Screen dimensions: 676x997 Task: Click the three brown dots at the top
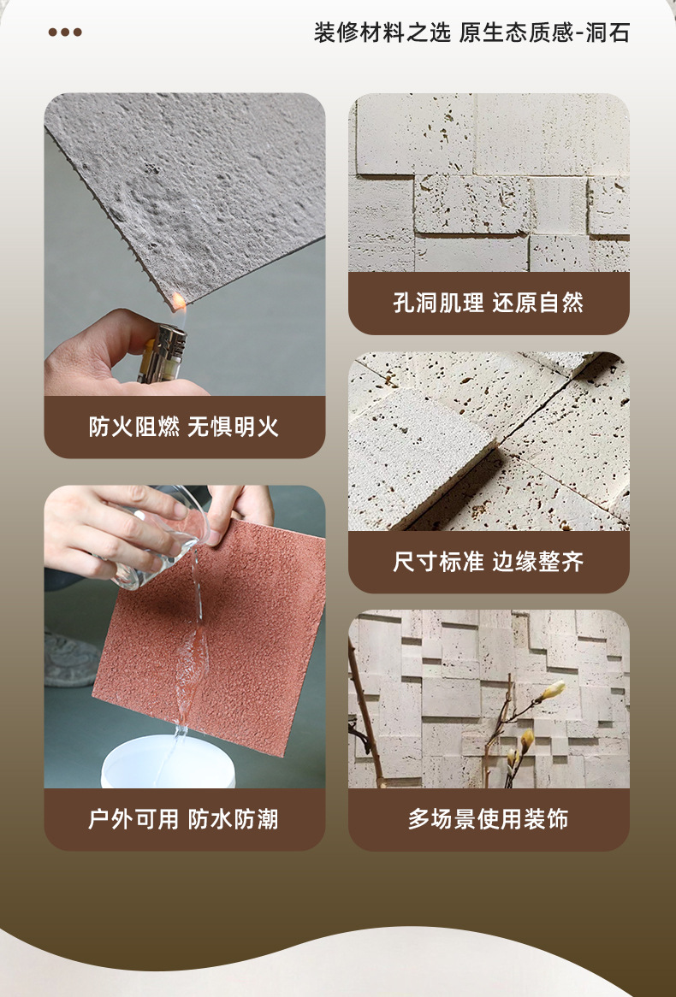(65, 32)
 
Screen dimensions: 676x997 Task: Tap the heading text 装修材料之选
(382, 32)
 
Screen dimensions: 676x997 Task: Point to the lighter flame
(180, 301)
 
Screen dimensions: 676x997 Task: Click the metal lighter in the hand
(163, 353)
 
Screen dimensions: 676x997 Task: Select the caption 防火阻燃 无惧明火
(184, 427)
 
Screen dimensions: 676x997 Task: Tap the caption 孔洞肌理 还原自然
(489, 303)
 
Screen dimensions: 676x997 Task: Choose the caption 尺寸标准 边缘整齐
(489, 562)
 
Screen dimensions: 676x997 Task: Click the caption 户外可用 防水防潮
(184, 819)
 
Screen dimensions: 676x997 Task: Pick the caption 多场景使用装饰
(489, 819)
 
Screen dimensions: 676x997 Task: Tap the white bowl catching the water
(168, 763)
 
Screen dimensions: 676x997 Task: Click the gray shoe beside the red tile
(70, 658)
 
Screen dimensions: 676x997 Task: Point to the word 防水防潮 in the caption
(234, 819)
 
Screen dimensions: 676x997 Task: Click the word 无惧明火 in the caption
(234, 427)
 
